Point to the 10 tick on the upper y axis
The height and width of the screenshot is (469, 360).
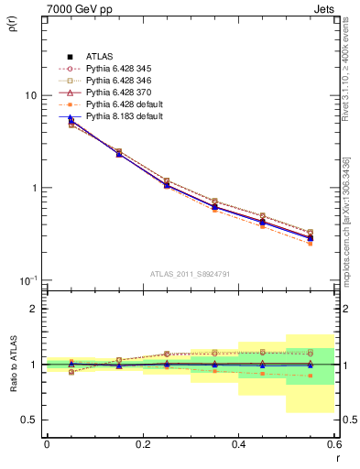click(x=30, y=95)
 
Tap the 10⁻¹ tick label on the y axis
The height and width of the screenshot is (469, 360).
click(x=27, y=279)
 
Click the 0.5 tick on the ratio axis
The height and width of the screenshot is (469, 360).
click(x=29, y=420)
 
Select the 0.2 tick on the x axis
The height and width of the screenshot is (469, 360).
click(x=142, y=444)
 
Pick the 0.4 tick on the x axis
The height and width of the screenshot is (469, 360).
click(x=238, y=444)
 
